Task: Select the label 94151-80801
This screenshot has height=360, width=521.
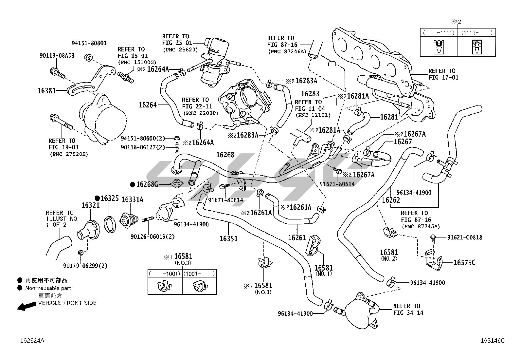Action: (89, 43)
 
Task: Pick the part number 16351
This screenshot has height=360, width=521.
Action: (228, 238)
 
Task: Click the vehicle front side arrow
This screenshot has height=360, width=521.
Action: (27, 306)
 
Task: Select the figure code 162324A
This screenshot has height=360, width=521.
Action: (32, 341)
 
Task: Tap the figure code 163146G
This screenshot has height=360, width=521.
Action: (493, 341)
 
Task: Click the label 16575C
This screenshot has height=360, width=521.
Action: (464, 262)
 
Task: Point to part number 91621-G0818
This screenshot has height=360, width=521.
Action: (465, 237)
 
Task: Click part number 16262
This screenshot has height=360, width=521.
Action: (391, 200)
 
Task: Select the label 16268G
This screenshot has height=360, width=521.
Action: (147, 184)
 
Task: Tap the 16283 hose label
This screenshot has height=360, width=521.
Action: (310, 94)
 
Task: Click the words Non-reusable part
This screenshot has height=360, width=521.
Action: (48, 288)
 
